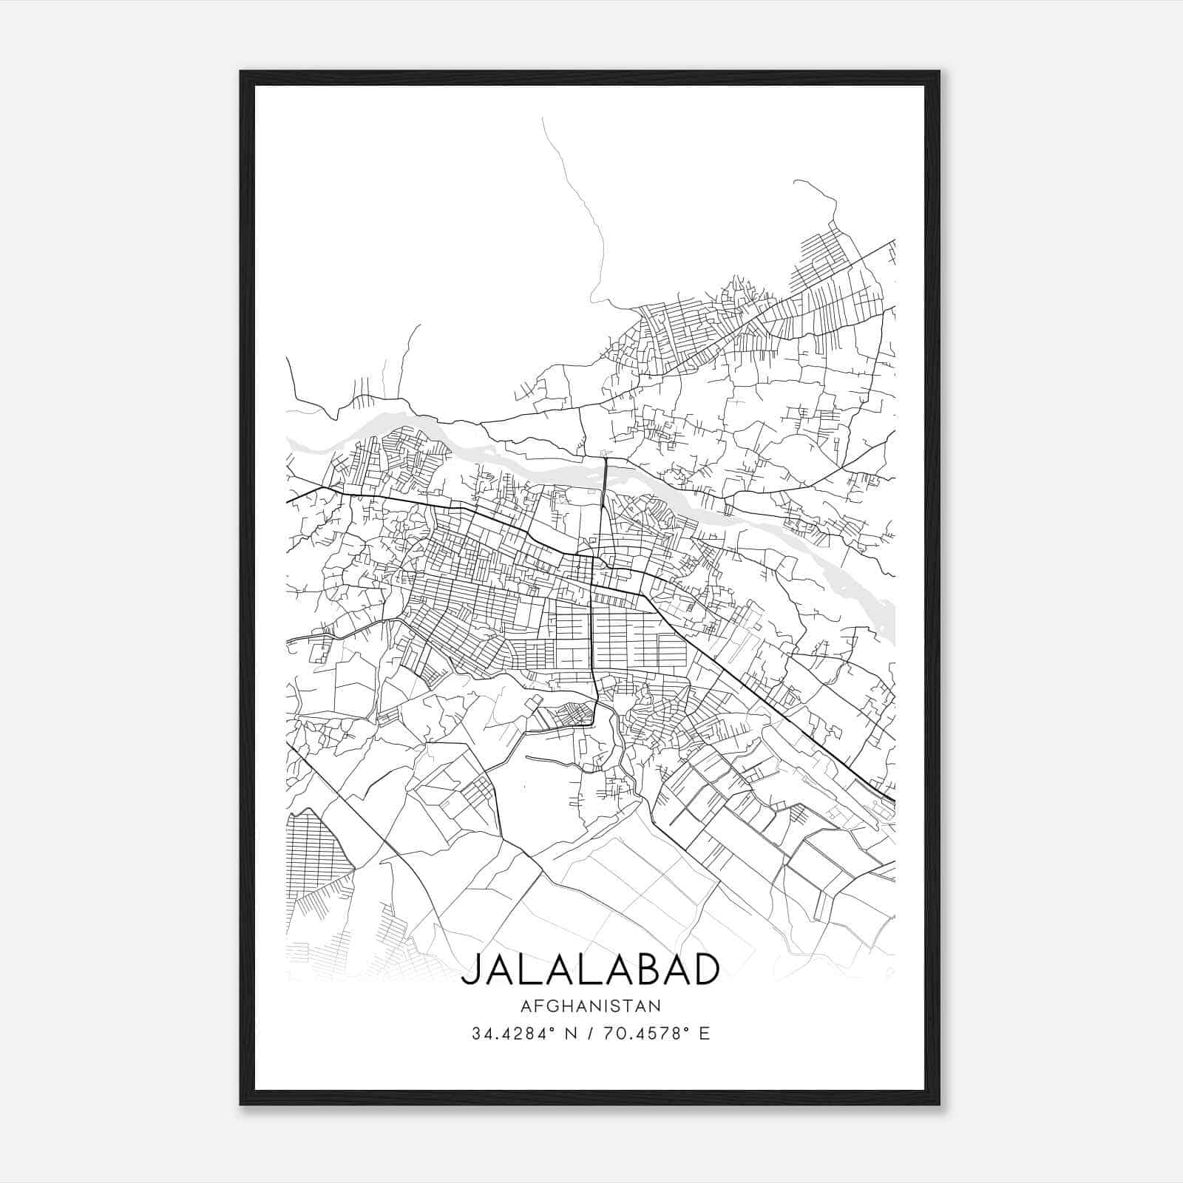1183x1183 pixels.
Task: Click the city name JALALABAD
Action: [590, 969]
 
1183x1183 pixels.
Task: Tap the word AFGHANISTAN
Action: [590, 1006]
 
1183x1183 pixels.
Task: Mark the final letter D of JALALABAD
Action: [705, 969]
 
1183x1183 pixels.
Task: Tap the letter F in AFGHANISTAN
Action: [535, 1006]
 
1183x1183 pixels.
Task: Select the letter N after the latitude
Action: [569, 1034]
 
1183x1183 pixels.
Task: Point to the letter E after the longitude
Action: [704, 1034]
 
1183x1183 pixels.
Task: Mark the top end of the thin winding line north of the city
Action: [543, 119]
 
